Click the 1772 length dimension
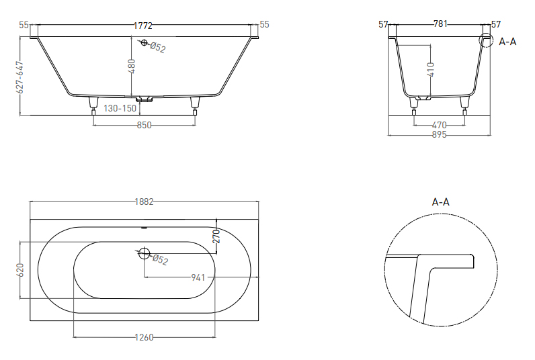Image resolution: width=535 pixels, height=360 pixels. pyautogui.click(x=143, y=26)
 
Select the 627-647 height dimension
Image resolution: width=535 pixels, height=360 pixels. pyautogui.click(x=20, y=77)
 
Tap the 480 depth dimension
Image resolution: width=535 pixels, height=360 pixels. pyautogui.click(x=132, y=66)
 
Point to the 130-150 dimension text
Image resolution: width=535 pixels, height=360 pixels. pyautogui.click(x=120, y=108)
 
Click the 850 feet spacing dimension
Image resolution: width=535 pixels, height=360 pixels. pyautogui.click(x=145, y=125)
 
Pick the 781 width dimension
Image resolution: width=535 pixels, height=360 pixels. pyautogui.click(x=440, y=24)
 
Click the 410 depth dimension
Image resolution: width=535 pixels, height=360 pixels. pyautogui.click(x=431, y=70)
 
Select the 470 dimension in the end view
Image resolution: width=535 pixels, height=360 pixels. pyautogui.click(x=440, y=125)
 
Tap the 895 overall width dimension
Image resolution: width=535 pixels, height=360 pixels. pyautogui.click(x=440, y=134)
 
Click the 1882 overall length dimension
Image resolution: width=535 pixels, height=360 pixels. pyautogui.click(x=145, y=201)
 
